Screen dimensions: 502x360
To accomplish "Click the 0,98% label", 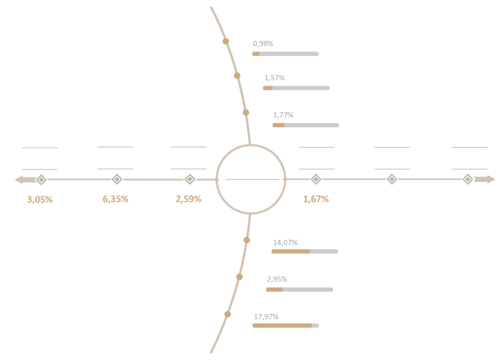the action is click(263, 44).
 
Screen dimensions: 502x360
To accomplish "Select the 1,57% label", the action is click(275, 78).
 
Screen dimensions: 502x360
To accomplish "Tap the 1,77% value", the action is click(283, 115).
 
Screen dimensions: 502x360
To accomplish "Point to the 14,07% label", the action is click(285, 242).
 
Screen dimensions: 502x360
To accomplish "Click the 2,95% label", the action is click(277, 279).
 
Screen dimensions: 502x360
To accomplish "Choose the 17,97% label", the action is click(266, 317).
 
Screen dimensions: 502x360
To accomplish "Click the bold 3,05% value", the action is click(40, 200).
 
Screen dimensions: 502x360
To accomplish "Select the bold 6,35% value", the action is click(115, 199).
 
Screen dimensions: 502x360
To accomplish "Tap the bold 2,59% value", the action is click(188, 199).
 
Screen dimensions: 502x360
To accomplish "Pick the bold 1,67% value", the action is click(316, 199).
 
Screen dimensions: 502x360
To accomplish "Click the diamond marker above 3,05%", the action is click(41, 179).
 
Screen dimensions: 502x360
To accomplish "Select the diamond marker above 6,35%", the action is click(117, 179).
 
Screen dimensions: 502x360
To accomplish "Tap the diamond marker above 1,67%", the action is click(316, 179).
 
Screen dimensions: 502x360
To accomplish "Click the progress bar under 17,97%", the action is click(286, 326).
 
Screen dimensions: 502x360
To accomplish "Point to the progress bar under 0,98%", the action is click(286, 54).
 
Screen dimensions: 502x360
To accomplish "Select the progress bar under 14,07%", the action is click(305, 251).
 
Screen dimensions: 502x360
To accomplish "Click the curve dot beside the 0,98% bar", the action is click(226, 41).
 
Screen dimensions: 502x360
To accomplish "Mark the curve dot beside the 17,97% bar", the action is click(227, 314).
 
